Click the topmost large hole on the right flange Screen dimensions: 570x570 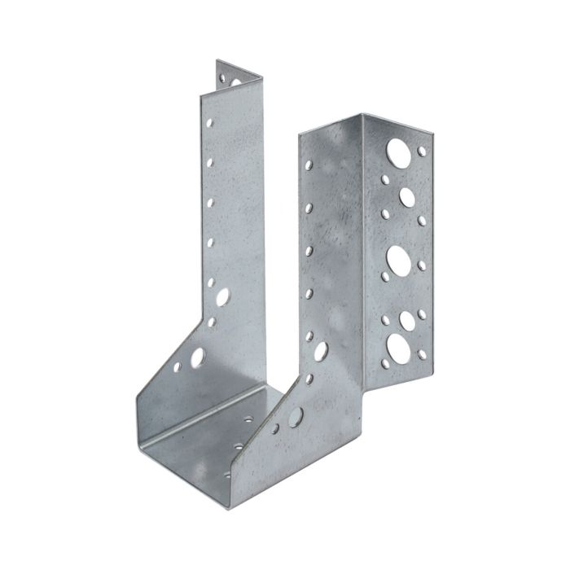[399, 151]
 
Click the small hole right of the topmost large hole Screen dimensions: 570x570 [421, 150]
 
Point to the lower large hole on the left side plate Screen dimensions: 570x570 [197, 357]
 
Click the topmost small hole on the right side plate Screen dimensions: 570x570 [308, 165]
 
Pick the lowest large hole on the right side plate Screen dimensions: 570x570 [295, 417]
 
